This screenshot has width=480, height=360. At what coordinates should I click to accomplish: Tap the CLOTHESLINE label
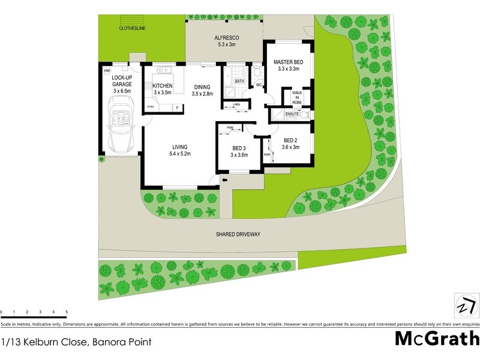(x=133, y=28)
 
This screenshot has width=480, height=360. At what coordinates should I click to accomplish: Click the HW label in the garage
(x=107, y=71)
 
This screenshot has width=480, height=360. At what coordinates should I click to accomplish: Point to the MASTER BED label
(x=288, y=62)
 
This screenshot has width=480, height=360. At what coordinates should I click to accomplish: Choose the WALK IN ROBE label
(x=297, y=98)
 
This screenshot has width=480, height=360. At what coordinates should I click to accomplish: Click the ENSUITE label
(x=292, y=113)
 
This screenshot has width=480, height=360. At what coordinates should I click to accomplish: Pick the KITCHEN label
(x=162, y=86)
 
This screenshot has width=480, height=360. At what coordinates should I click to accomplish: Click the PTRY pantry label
(x=151, y=107)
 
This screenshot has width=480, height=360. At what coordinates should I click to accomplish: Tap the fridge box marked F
(x=178, y=107)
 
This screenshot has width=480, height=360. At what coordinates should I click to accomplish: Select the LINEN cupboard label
(x=236, y=106)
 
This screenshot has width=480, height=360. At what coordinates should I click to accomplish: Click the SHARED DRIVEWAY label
(x=239, y=234)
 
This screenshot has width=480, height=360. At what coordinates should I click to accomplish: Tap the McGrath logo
(x=436, y=338)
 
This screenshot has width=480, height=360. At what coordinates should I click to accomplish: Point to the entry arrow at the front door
(x=225, y=179)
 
